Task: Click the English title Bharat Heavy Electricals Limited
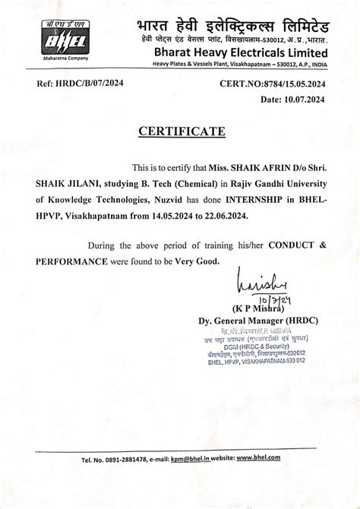pyautogui.click(x=239, y=52)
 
